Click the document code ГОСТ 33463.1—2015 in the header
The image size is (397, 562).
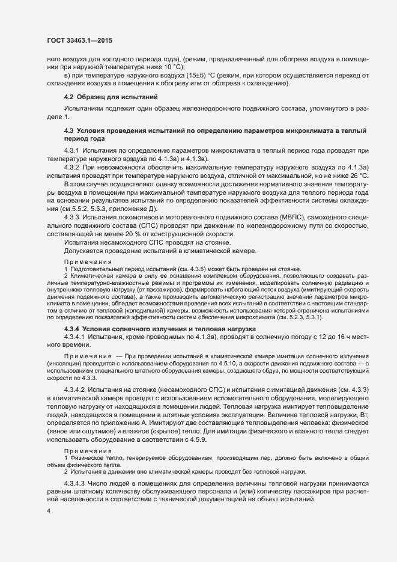(x=79, y=40)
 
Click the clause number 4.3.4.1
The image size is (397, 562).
(x=74, y=339)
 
